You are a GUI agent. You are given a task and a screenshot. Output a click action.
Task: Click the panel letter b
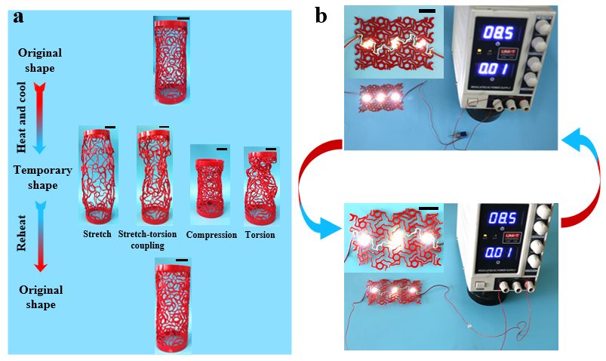coord(321,15)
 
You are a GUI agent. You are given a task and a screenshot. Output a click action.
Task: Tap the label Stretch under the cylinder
coord(97,234)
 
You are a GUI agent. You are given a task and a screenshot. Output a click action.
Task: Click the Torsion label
coord(260,235)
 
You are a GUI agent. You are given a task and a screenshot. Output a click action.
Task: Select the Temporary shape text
coord(42,177)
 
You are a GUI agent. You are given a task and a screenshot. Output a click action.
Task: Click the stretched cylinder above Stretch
coord(98,177)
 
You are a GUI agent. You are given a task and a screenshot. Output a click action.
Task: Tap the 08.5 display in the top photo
coord(486,33)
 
